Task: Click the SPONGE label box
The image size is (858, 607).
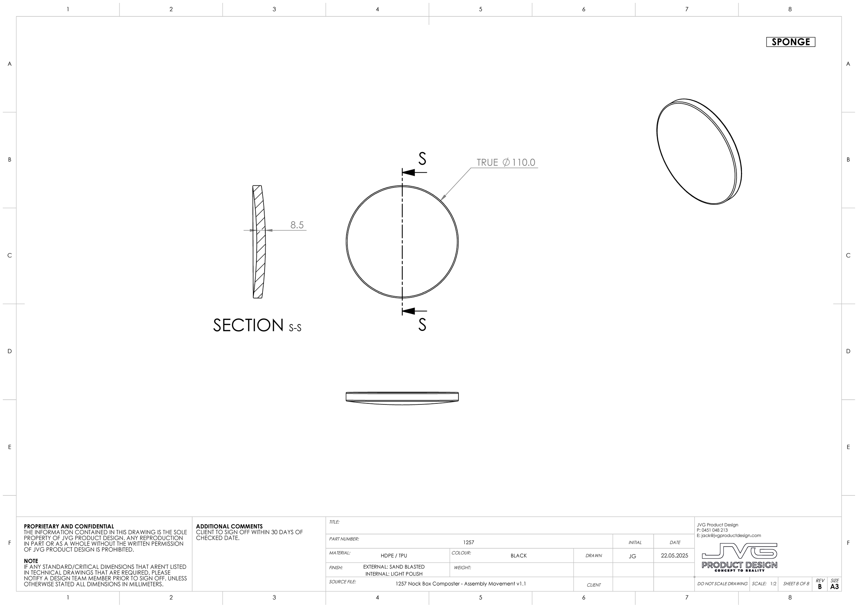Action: click(x=790, y=42)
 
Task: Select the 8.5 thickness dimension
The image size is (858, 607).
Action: click(x=297, y=225)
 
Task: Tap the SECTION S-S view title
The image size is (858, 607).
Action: click(x=257, y=325)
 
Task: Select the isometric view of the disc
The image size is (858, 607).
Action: click(x=699, y=152)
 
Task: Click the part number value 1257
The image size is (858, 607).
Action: click(x=468, y=542)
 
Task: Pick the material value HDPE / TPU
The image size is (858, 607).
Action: click(x=394, y=556)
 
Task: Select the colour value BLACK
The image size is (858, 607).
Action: click(x=518, y=556)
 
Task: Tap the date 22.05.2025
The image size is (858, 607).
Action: click(x=674, y=556)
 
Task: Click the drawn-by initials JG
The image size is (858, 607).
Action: click(x=632, y=556)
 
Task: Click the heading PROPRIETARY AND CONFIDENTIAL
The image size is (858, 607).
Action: click(x=69, y=526)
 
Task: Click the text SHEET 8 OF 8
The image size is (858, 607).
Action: click(x=796, y=583)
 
